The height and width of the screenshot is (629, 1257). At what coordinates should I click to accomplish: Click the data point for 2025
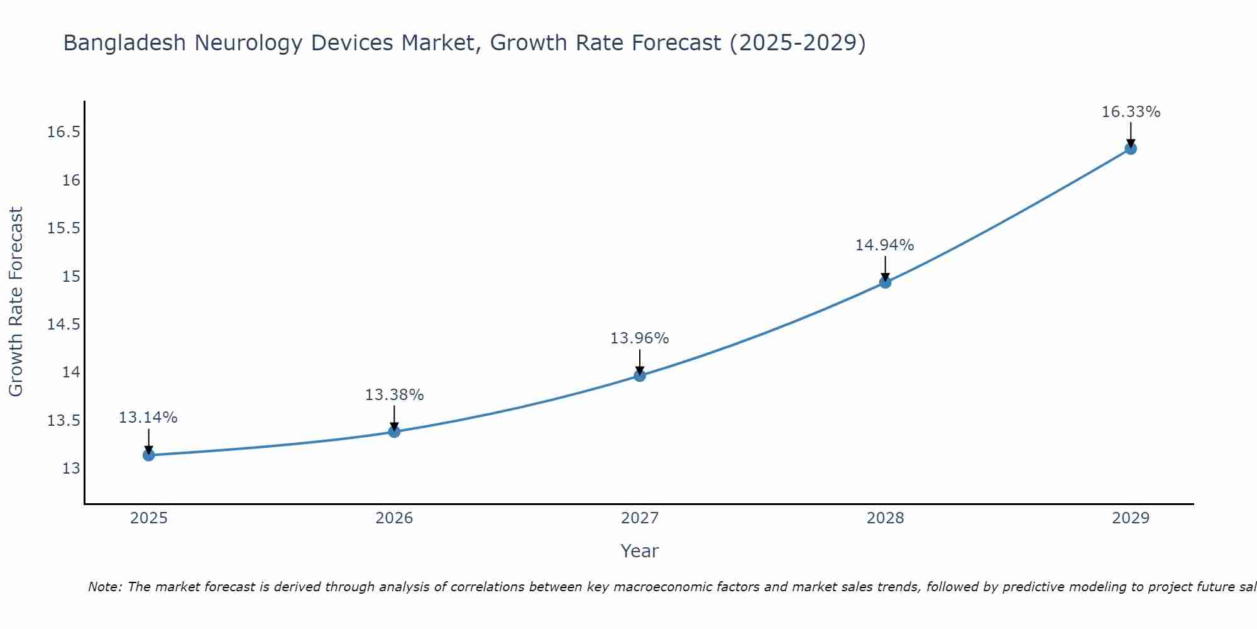[149, 455]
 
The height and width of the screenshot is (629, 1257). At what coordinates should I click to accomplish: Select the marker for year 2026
[394, 431]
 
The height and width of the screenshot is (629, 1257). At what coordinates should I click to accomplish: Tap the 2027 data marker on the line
[640, 376]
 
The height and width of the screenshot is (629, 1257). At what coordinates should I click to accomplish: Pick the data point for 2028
[885, 282]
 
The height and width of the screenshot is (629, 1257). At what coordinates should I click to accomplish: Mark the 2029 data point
[1131, 149]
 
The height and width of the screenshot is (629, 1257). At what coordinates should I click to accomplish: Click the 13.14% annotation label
[148, 418]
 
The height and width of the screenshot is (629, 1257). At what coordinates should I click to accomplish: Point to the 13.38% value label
[394, 395]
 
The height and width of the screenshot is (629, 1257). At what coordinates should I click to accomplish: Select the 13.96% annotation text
[639, 338]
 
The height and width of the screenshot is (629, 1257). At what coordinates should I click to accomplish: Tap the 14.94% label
[884, 245]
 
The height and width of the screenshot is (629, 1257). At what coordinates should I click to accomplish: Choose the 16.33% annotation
[1131, 112]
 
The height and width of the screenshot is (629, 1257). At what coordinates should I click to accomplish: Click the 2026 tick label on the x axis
[394, 518]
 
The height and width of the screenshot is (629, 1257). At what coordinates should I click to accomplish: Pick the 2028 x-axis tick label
[885, 518]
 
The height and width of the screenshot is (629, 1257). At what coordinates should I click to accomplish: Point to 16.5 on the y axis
[64, 132]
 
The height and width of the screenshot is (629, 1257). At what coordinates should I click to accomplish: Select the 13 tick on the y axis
[72, 469]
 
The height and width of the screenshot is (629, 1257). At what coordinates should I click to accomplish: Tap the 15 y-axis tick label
[72, 276]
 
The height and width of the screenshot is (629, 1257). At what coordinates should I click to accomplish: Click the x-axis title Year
[639, 551]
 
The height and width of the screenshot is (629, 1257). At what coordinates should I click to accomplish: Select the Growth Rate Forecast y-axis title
[16, 302]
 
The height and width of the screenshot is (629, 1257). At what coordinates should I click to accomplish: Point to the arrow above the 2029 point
[1131, 133]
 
